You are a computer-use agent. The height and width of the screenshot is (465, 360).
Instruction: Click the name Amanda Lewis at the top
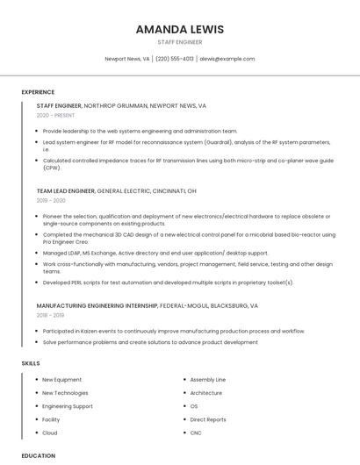tap(180, 29)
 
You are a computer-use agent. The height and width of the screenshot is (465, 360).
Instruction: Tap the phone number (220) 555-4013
tap(175, 59)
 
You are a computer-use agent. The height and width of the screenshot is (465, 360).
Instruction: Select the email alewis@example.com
tap(227, 59)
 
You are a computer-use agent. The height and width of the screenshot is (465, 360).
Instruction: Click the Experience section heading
tap(38, 92)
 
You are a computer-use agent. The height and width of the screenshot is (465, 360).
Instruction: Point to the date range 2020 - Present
tap(55, 115)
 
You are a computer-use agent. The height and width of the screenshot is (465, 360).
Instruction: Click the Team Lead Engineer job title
tap(66, 190)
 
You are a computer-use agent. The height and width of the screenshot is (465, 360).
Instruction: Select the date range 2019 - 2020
tap(52, 200)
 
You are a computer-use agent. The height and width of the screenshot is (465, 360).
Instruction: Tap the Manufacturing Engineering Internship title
tap(97, 305)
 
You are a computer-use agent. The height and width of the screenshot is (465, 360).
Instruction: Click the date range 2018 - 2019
tap(51, 315)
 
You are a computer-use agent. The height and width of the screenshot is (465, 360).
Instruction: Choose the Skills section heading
tap(31, 362)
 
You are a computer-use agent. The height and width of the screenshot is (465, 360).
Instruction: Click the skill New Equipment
tap(61, 380)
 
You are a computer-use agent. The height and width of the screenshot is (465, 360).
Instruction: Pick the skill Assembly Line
tap(208, 380)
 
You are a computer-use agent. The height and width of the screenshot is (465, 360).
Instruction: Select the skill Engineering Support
tap(68, 406)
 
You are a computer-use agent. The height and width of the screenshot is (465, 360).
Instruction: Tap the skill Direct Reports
tap(208, 419)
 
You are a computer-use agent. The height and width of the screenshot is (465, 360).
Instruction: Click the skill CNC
tap(196, 433)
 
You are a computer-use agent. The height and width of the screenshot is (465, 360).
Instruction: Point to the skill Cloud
tap(50, 433)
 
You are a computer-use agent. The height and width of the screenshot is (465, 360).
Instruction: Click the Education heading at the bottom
tap(38, 456)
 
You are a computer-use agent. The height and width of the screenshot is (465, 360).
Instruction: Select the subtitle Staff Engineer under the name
tap(180, 42)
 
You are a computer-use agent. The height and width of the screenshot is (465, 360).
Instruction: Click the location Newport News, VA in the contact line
tap(127, 59)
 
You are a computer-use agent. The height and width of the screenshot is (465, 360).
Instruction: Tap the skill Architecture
tap(206, 393)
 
